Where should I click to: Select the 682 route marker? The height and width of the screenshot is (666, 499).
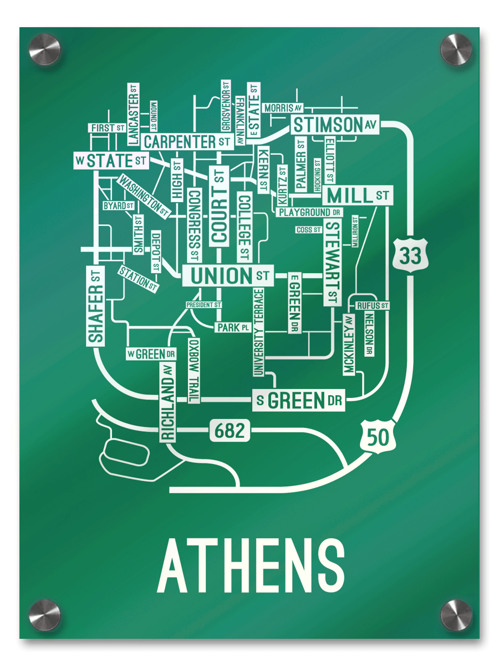tap(230, 431)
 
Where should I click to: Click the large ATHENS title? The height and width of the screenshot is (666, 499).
tap(251, 566)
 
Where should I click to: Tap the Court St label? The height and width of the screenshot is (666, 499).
tap(220, 205)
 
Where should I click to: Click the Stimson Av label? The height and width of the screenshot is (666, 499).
tap(335, 125)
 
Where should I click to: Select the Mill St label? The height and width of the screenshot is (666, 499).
tap(358, 195)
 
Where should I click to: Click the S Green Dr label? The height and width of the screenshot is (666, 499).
tap(298, 401)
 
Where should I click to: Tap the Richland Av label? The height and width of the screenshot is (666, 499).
tap(168, 402)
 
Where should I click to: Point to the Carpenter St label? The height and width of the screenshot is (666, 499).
tap(187, 142)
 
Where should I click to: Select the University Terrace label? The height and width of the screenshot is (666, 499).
tap(258, 332)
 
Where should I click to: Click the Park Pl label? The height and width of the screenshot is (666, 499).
tap(233, 328)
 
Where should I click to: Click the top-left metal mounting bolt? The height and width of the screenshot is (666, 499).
tap(44, 49)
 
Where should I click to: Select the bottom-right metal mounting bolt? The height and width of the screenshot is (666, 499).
tap(456, 615)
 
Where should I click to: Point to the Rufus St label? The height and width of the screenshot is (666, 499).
tap(372, 306)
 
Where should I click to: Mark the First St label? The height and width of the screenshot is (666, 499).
tap(108, 128)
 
